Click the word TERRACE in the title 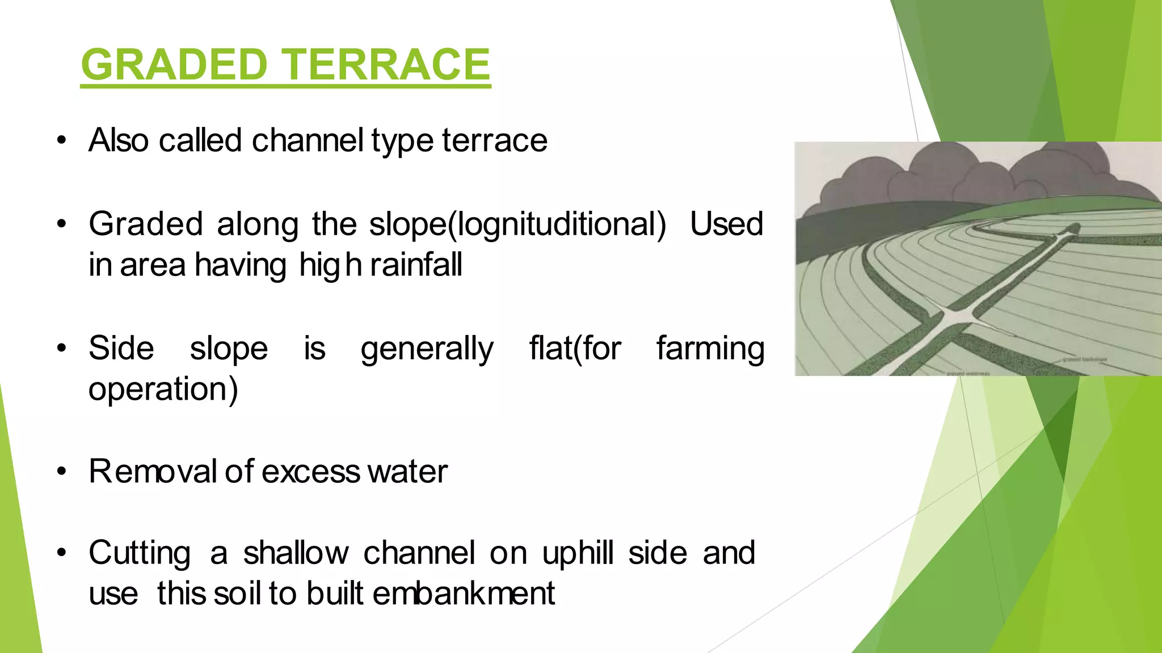tap(387, 65)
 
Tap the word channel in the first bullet tap(307, 140)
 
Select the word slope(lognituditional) tap(517, 224)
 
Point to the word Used tap(726, 224)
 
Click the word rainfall tap(416, 265)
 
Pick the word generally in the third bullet tap(427, 348)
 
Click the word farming tap(710, 348)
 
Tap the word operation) tap(163, 389)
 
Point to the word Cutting tap(140, 553)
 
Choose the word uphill tap(578, 553)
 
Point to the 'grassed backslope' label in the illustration tap(1084, 359)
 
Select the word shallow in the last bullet tap(296, 553)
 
